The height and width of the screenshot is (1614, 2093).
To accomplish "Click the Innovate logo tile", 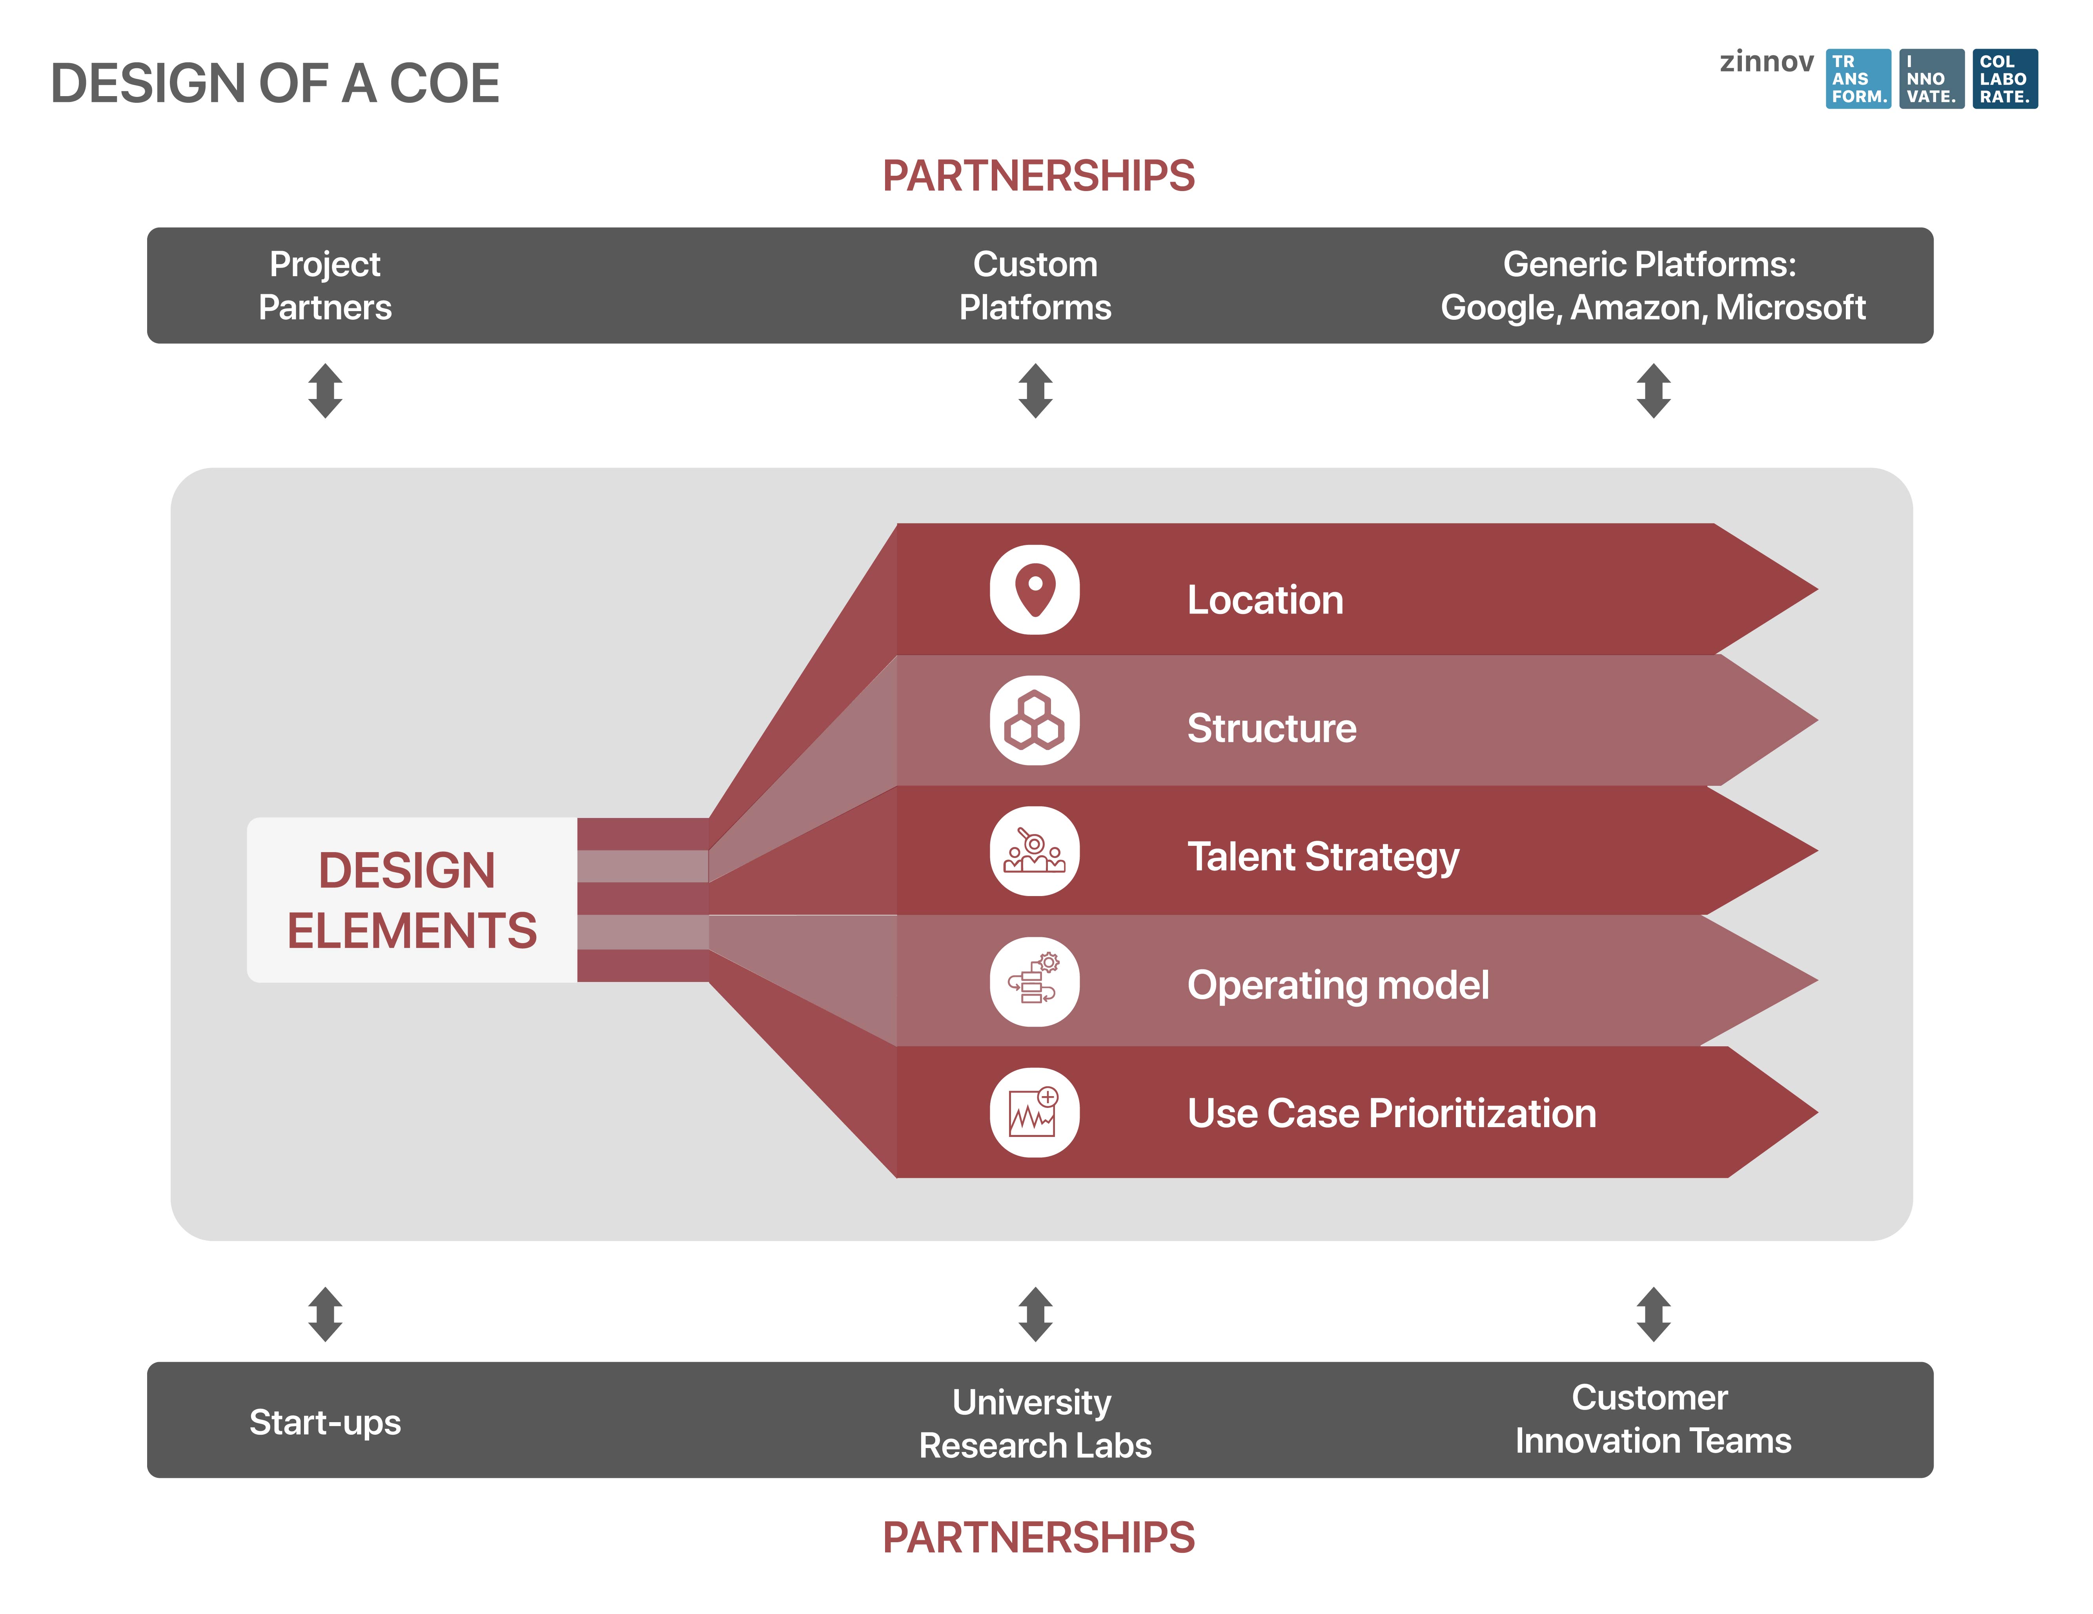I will point(1931,78).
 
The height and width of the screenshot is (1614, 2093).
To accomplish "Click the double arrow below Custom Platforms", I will point(1035,390).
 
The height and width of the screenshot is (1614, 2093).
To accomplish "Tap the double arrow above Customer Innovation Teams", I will point(1653,1314).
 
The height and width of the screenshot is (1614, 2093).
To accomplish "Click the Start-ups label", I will point(325,1422).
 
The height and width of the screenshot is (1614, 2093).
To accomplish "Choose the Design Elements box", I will point(412,900).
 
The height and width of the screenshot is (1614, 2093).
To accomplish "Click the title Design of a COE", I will point(275,84).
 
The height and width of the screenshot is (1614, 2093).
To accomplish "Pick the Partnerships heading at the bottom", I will point(1038,1537).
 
